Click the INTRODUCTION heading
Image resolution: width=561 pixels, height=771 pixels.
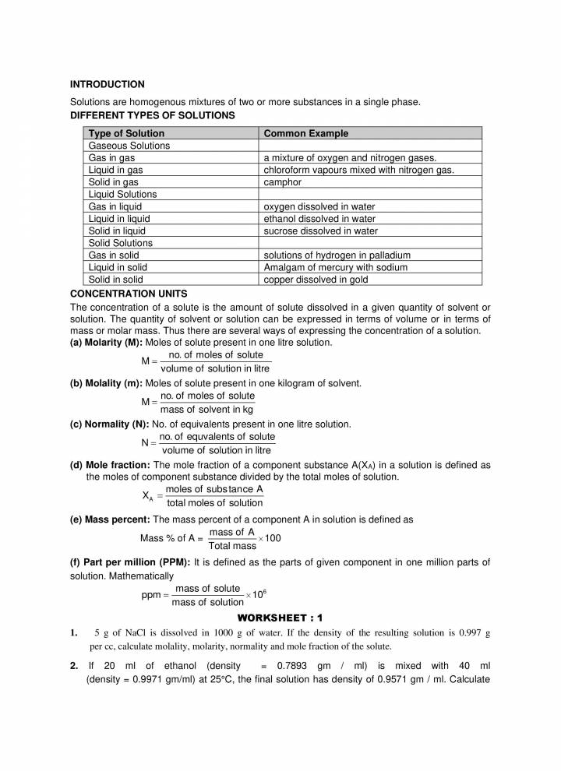pos(108,84)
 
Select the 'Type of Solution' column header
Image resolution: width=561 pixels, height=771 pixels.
pos(126,133)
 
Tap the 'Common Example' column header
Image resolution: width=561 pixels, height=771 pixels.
pos(306,133)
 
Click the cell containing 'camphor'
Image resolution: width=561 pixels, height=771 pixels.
pos(282,182)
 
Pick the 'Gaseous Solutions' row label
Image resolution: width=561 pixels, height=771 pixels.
pos(129,146)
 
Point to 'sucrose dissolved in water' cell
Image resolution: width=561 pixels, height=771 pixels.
pos(320,231)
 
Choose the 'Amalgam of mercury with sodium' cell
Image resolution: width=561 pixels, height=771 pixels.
pos(335,267)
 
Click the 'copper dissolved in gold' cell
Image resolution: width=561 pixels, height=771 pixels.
pos(316,280)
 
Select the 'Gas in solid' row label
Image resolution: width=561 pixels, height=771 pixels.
pos(114,255)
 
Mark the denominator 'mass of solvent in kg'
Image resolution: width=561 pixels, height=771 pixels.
pos(206,410)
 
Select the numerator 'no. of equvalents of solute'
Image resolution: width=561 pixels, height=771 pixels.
pos(217,438)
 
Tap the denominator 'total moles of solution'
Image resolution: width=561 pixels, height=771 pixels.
pos(214,503)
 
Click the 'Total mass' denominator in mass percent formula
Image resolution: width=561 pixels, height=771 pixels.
pos(232,546)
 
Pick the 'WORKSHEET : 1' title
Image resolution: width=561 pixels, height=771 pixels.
pos(280,618)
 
